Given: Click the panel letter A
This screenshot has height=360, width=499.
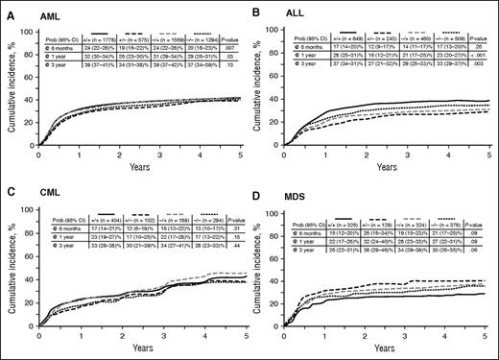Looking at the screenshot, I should pos(7,7).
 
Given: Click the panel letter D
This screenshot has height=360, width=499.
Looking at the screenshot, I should pos(258,185).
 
